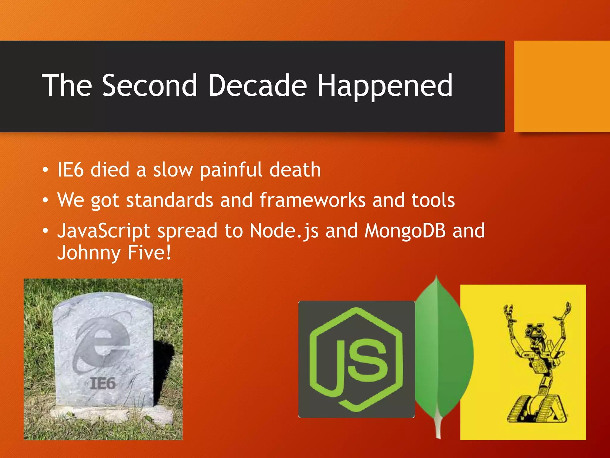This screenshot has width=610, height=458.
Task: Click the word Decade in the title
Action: click(x=257, y=86)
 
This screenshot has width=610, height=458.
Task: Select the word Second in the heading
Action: click(x=150, y=86)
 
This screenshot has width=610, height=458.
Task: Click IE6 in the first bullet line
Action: click(x=70, y=170)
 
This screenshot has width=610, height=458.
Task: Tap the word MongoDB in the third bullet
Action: click(x=405, y=231)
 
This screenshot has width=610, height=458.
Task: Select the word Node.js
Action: click(x=284, y=231)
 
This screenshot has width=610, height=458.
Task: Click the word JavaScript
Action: click(x=104, y=231)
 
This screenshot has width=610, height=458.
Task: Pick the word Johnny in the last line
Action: click(x=89, y=253)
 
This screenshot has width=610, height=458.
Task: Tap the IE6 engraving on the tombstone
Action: click(x=102, y=383)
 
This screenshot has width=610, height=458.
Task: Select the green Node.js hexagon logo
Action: click(x=356, y=359)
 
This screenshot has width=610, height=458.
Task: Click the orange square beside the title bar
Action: click(x=562, y=86)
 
